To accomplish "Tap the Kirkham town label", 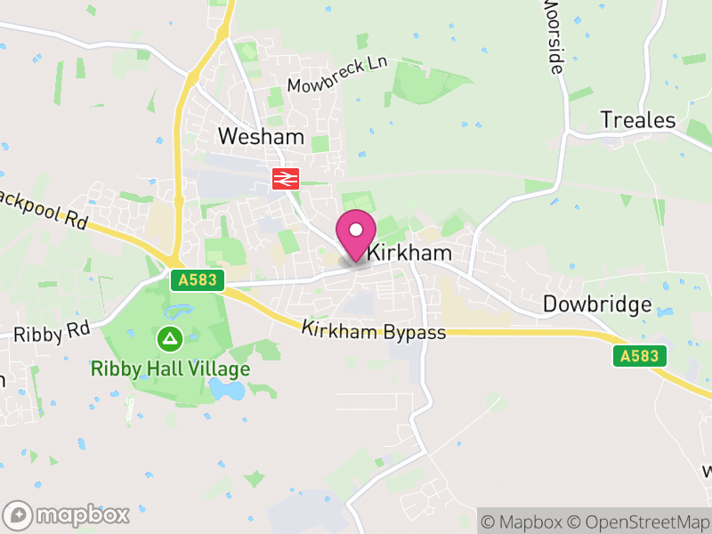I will pos(410,254).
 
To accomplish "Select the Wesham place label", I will pos(261,137).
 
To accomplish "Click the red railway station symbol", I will pos(285,179).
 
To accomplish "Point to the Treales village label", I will pos(637,120).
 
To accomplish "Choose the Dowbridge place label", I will pos(597,304).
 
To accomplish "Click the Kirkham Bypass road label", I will pos(373,330).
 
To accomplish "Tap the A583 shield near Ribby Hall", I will pos(196,280).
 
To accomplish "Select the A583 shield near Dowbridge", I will pos(638,356).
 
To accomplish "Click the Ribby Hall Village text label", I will pos(170,368).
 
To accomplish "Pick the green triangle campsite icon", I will pos(168,338).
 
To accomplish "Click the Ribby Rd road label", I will pos(52,331).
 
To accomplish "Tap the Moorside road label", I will pos(553,36).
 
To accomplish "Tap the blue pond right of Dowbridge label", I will pos(665,311).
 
